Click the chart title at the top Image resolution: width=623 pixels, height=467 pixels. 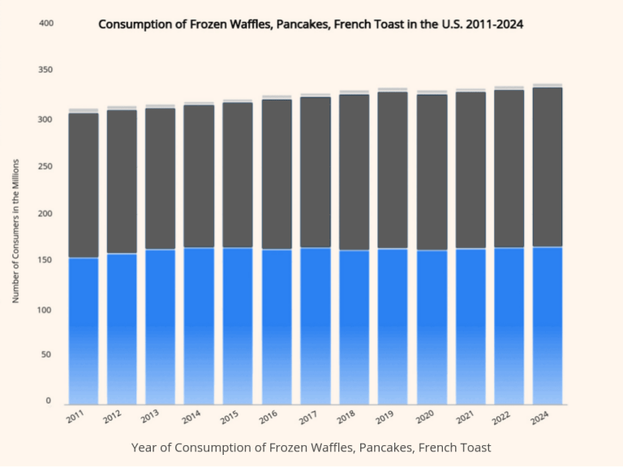311,24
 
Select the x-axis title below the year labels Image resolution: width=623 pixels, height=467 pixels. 311,448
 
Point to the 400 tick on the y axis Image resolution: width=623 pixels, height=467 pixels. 45,24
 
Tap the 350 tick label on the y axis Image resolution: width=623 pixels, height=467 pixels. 45,71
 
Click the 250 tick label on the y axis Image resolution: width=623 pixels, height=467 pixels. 45,166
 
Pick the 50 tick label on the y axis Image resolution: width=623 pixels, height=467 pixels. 48,355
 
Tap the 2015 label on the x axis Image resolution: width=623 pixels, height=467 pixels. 230,418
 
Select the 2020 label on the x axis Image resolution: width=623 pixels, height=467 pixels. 423,418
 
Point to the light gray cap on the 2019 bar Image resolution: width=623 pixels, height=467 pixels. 393,89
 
